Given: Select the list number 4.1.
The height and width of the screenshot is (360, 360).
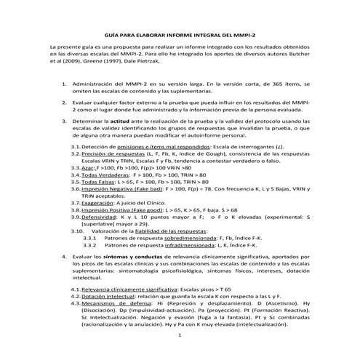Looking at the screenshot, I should click(75, 289).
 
